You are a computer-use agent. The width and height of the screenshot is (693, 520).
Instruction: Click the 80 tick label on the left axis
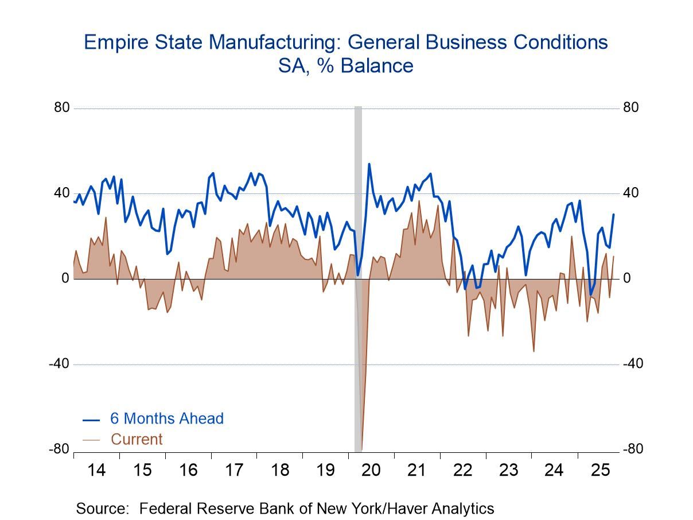[62, 108]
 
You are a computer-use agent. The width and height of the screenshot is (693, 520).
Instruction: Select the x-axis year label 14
[96, 470]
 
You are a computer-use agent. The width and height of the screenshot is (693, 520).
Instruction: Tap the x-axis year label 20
[371, 470]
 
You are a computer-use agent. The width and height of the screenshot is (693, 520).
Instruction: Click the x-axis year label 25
[600, 470]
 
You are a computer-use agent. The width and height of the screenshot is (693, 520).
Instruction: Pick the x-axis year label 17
[233, 470]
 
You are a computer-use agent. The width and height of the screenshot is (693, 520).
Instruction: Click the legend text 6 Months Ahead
[167, 418]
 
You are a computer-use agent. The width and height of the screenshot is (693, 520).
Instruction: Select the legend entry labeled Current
[137, 440]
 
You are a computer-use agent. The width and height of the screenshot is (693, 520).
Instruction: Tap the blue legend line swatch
[91, 419]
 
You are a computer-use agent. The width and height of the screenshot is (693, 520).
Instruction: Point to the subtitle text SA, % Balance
[346, 66]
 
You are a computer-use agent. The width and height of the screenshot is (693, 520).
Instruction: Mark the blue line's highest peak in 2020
[369, 164]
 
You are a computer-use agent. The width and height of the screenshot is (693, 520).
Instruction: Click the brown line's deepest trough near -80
[361, 449]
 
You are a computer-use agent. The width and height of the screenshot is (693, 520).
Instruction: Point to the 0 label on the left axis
[65, 279]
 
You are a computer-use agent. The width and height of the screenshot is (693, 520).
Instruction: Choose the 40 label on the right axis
[630, 193]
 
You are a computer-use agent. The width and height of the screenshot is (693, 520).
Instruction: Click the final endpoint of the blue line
[613, 215]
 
